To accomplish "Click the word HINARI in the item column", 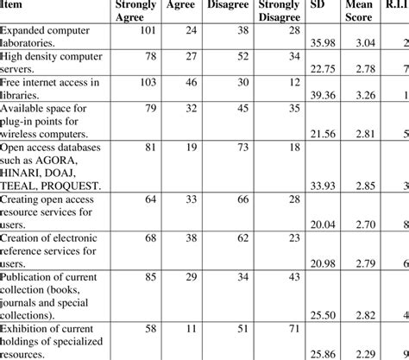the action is click(x=24, y=173).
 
